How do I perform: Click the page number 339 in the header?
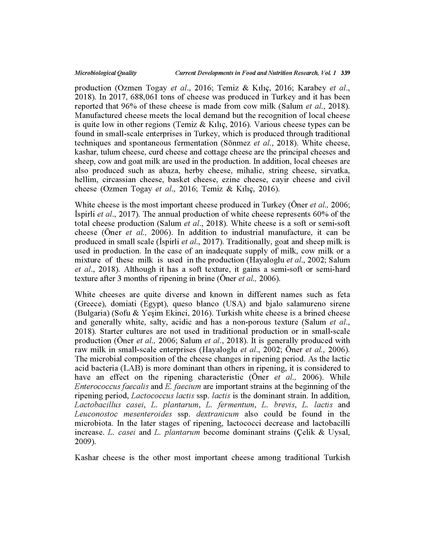[345, 73]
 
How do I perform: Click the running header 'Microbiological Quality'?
[105, 73]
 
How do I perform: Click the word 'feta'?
[344, 295]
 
